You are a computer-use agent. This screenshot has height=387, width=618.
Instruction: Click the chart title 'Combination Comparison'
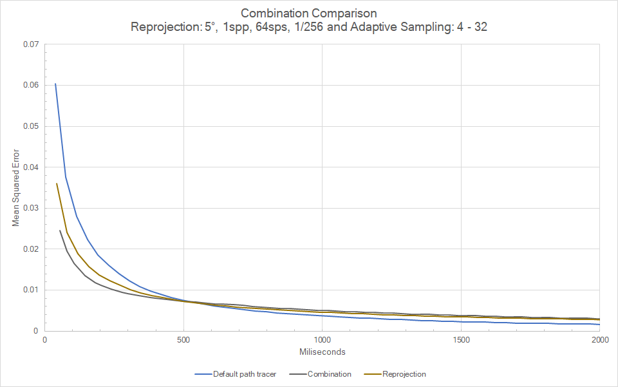coord(309,13)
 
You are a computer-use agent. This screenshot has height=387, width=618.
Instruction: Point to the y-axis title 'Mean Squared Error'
coord(16,187)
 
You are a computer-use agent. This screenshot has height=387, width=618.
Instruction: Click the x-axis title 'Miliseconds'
coord(322,352)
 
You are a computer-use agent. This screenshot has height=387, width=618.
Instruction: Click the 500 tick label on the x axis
coord(183,340)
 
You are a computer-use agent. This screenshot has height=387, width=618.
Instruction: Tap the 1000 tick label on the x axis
coord(322,340)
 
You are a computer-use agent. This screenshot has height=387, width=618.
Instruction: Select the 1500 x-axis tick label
coord(461,340)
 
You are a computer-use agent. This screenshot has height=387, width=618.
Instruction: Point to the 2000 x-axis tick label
coord(599,340)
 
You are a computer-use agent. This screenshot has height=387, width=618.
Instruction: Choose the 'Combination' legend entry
coord(329,374)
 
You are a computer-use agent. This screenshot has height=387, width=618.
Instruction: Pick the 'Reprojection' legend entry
coord(404,374)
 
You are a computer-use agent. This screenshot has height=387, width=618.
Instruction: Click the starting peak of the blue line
coord(55,84)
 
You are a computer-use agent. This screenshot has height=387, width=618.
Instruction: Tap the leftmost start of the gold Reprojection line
coord(57,184)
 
